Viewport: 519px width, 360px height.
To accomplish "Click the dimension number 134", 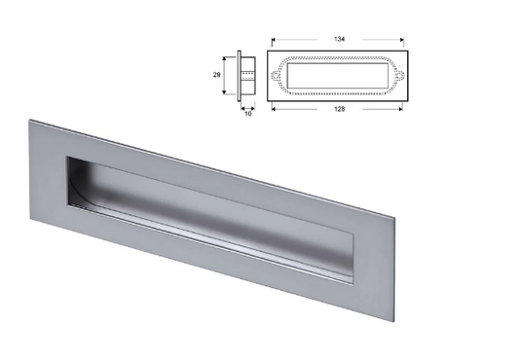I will click(336, 40).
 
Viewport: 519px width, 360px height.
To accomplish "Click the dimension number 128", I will click(336, 108).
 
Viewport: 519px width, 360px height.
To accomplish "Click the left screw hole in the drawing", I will click(276, 74).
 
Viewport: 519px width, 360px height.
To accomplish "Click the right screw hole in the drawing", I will click(398, 74).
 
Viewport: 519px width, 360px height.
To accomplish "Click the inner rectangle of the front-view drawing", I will click(336, 74).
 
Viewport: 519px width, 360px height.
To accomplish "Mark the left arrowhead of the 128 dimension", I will click(277, 108).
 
